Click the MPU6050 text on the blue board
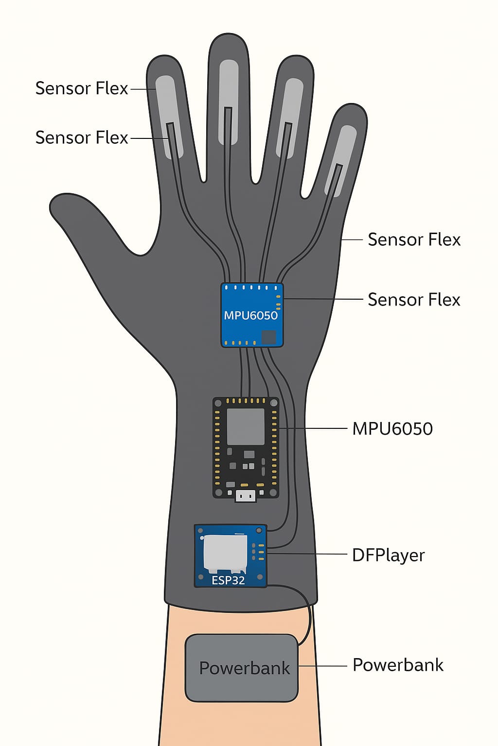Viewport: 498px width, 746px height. click(250, 315)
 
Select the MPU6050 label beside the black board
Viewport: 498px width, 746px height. click(392, 429)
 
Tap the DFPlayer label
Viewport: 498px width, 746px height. click(388, 555)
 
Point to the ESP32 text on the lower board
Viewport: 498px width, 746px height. click(228, 580)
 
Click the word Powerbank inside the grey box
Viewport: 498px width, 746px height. click(244, 668)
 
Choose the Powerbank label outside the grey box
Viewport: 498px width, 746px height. click(398, 665)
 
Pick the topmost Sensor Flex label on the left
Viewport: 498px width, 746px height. click(82, 88)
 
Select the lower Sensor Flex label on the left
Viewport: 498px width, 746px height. click(82, 137)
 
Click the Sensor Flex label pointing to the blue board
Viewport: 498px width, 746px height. click(414, 300)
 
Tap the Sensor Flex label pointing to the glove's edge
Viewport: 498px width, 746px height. click(414, 239)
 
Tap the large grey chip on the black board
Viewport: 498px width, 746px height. click(246, 426)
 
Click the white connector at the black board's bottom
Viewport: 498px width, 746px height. click(246, 496)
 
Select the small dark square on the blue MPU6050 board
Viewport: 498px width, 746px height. click(268, 337)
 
